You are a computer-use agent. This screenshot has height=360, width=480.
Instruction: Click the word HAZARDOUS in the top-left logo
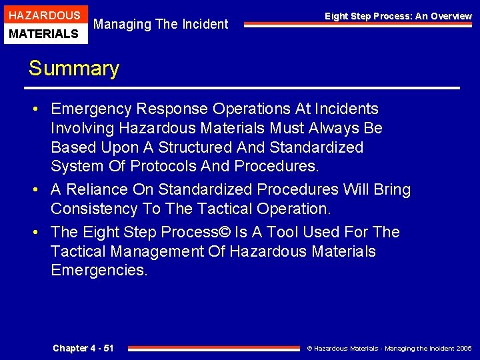[x=44, y=15]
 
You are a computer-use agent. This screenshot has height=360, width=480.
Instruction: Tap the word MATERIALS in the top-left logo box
[x=44, y=33]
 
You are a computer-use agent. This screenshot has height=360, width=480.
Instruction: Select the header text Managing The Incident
[x=161, y=25]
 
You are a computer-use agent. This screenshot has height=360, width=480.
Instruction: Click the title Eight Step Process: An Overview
[x=398, y=16]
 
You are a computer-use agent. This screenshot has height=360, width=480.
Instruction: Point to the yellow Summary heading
[x=73, y=69]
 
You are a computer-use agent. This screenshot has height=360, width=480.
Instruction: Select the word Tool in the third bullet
[x=283, y=232]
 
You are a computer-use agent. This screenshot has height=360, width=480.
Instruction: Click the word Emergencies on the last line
[x=99, y=270]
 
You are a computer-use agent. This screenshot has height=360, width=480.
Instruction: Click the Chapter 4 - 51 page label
[x=83, y=348]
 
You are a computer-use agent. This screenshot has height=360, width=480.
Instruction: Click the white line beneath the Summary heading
[x=243, y=88]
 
